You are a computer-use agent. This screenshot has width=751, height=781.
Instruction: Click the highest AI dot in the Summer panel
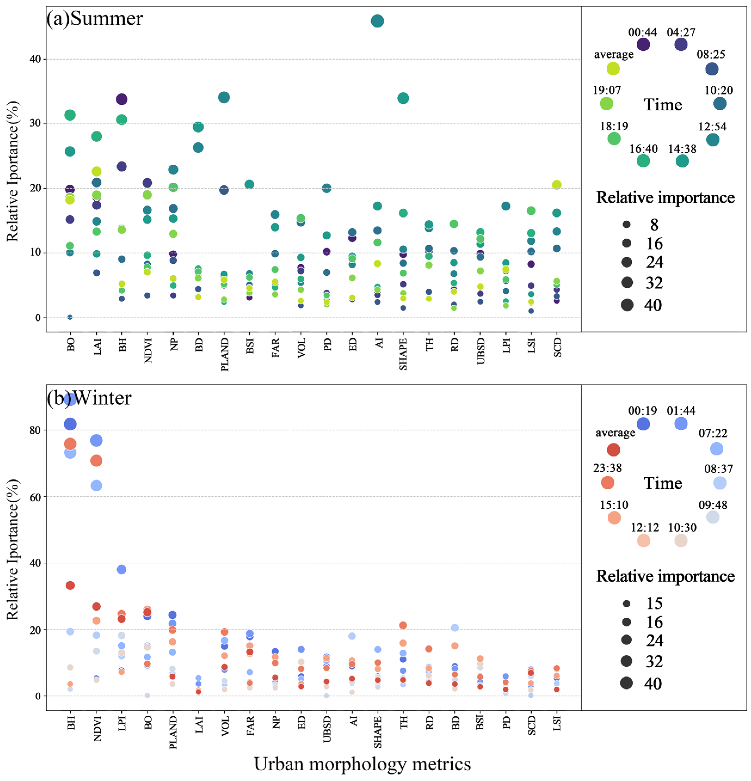click(x=377, y=21)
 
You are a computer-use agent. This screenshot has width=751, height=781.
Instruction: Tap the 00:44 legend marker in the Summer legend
click(x=643, y=44)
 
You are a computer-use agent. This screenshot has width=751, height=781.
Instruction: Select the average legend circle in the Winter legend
click(x=614, y=450)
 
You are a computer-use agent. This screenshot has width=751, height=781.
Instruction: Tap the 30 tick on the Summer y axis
click(x=35, y=124)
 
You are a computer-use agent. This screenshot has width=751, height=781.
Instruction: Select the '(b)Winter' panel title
click(x=89, y=398)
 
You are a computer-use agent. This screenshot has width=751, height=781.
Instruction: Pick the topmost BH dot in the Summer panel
click(x=121, y=99)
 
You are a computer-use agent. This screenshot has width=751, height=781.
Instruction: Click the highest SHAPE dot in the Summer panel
click(x=403, y=98)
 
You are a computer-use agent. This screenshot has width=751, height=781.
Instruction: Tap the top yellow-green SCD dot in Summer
click(x=557, y=185)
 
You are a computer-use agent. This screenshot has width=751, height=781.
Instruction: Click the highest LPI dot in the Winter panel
click(x=121, y=569)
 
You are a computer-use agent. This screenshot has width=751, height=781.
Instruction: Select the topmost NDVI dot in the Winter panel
click(x=96, y=440)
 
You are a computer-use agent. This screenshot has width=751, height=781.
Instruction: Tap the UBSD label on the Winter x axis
click(x=327, y=730)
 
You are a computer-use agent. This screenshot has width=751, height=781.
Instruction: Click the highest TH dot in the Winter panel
click(x=403, y=625)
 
